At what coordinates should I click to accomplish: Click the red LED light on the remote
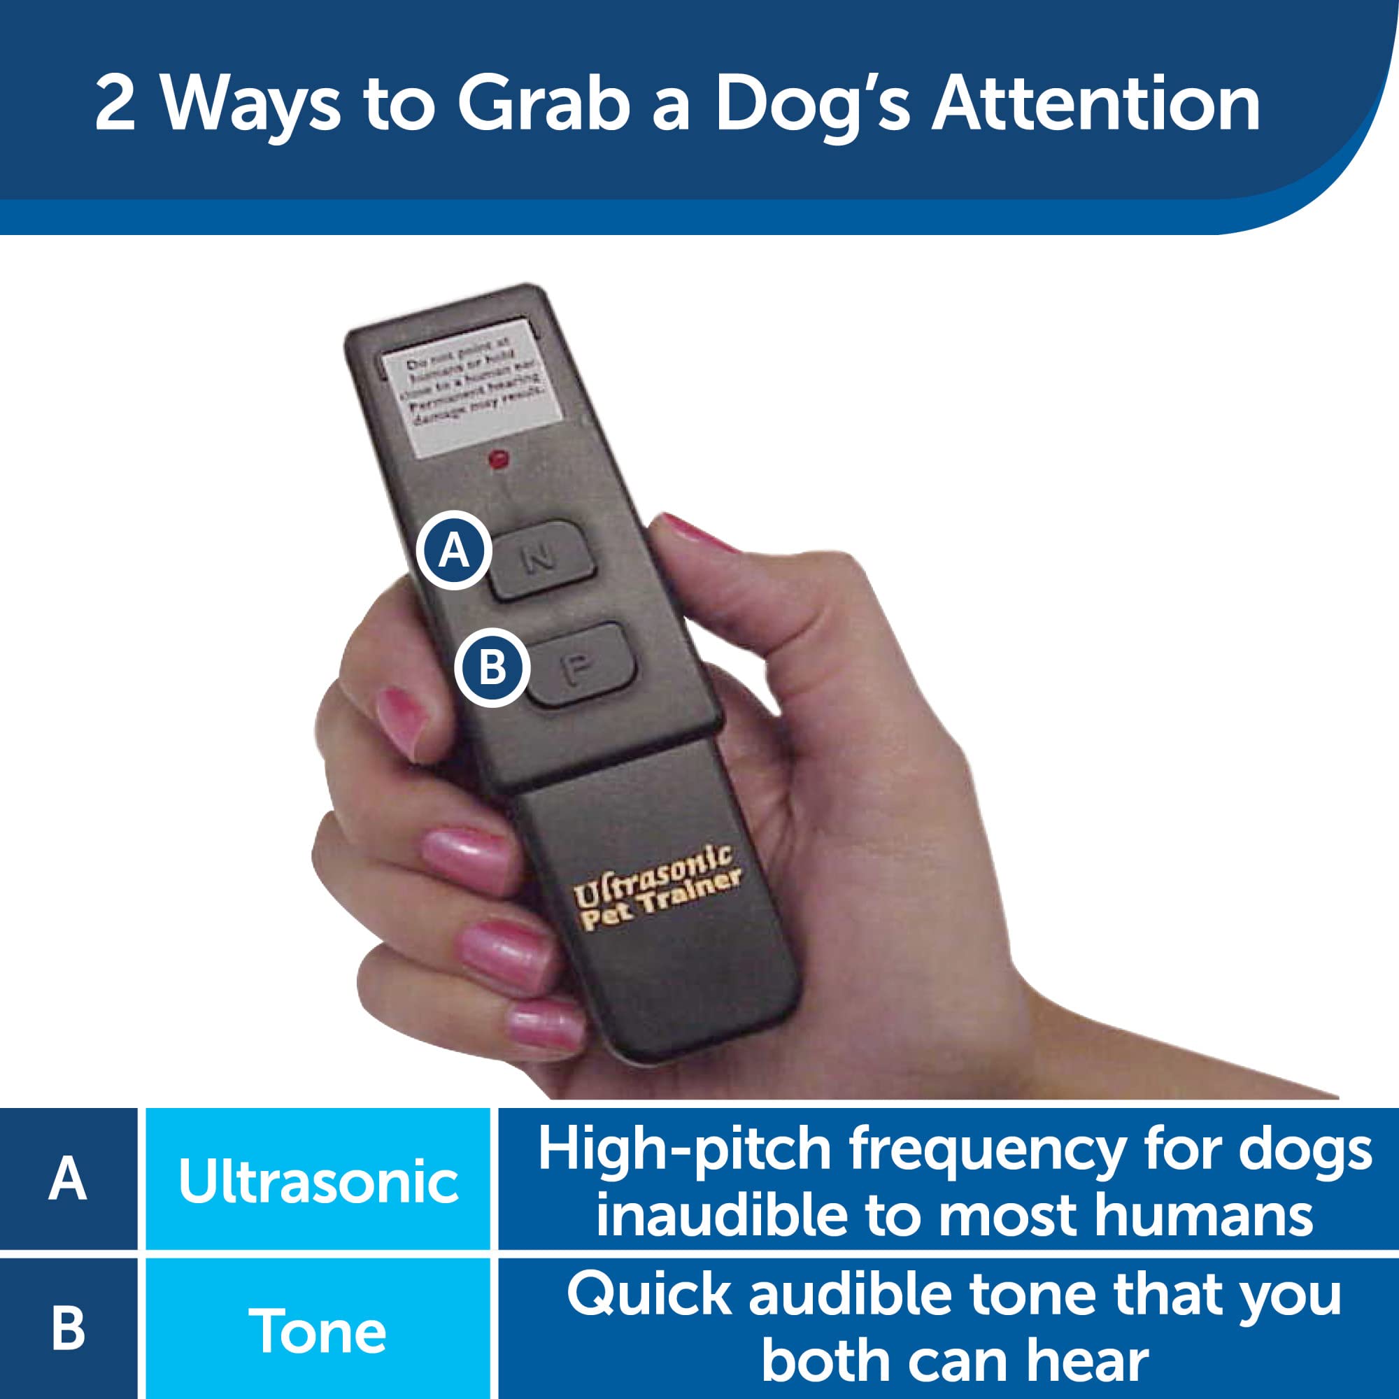pos(499,459)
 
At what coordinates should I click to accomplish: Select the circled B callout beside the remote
pos(492,667)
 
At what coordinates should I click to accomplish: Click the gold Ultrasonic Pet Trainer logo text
pos(655,890)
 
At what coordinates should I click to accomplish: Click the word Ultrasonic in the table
pos(318,1182)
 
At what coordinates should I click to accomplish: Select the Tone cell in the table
pos(318,1331)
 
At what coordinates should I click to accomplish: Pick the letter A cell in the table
pos(68,1181)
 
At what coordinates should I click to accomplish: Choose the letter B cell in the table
pos(68,1330)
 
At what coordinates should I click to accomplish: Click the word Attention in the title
pos(1095,104)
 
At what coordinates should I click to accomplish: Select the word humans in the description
pos(1202,1216)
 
